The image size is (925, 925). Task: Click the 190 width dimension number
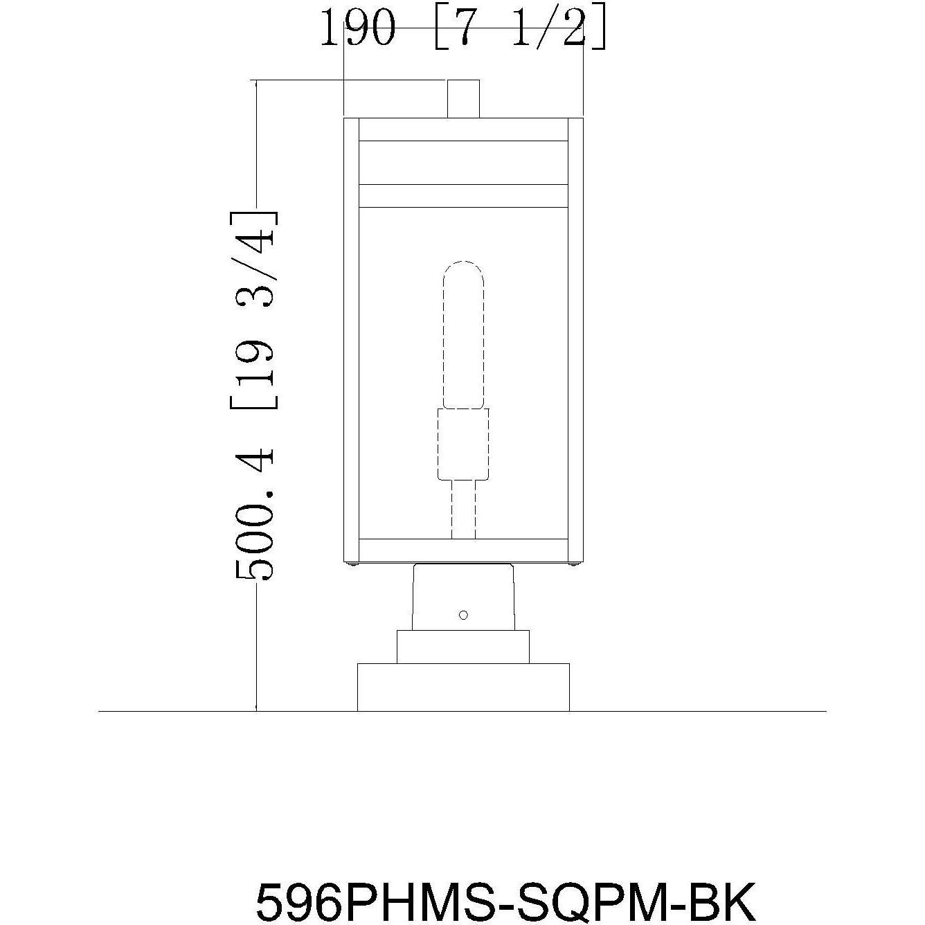[359, 28]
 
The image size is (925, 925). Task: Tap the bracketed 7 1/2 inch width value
[521, 28]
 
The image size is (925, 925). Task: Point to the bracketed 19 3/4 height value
[254, 309]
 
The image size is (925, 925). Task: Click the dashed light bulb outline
[463, 335]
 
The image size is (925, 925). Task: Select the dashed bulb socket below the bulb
[463, 444]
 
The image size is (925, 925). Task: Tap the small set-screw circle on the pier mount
[463, 615]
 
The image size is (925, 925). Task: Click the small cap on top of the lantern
[463, 99]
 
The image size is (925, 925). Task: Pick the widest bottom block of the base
[463, 687]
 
